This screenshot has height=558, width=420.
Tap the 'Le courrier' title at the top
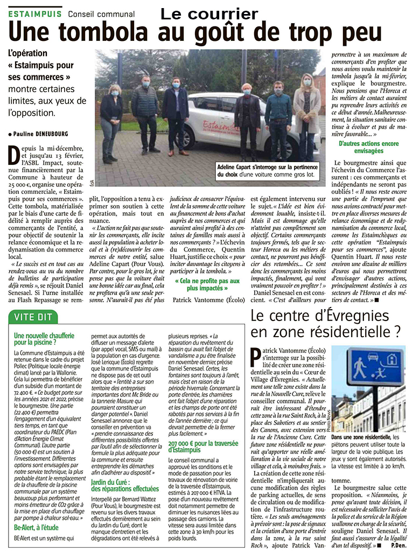point(209,13)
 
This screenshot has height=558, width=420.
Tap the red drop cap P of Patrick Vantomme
point(256,357)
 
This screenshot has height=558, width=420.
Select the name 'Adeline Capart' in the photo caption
point(239,168)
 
